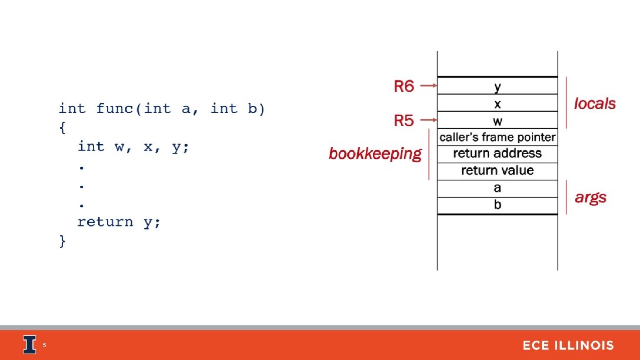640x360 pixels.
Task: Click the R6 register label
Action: pyautogui.click(x=404, y=87)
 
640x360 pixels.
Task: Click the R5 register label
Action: pyautogui.click(x=404, y=121)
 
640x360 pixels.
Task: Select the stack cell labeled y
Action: pyautogui.click(x=498, y=86)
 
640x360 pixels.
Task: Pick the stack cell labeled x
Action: pyautogui.click(x=498, y=104)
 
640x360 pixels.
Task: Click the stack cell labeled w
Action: pyautogui.click(x=498, y=121)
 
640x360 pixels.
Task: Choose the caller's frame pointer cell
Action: pyautogui.click(x=498, y=138)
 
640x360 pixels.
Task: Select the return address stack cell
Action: pyautogui.click(x=498, y=154)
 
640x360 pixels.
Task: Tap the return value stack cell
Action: pyautogui.click(x=498, y=171)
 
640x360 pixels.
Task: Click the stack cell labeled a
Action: pyautogui.click(x=498, y=188)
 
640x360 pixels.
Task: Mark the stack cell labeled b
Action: pyautogui.click(x=498, y=205)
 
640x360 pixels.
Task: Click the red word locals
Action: pyautogui.click(x=595, y=104)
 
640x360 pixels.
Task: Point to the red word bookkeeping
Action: pyautogui.click(x=375, y=154)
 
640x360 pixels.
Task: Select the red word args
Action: pyautogui.click(x=591, y=198)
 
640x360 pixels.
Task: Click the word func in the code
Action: pyautogui.click(x=115, y=109)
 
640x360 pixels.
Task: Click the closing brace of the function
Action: pyautogui.click(x=63, y=241)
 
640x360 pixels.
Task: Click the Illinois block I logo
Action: pyautogui.click(x=29, y=345)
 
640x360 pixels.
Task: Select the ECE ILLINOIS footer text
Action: pyautogui.click(x=568, y=346)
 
